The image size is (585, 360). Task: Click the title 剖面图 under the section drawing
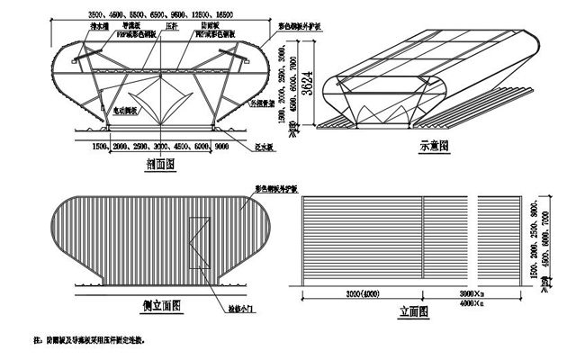click(x=159, y=165)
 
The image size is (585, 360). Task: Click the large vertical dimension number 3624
click(x=307, y=83)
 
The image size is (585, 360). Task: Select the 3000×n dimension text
click(x=472, y=294)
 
